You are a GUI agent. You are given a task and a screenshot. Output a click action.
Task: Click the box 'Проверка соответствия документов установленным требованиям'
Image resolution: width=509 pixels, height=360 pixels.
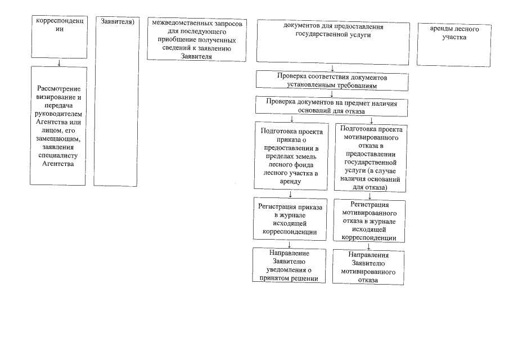(x=332, y=79)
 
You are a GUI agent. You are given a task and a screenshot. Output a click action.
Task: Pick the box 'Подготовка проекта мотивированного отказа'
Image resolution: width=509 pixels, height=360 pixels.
(x=370, y=157)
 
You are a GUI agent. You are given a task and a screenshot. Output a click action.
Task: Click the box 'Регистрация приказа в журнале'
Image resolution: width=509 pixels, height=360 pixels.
(x=290, y=219)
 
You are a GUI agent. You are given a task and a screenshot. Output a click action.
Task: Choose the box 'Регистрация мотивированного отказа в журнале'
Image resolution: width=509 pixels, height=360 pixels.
(x=369, y=221)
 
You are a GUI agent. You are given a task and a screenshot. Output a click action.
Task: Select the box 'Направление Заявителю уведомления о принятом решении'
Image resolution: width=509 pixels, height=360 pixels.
(x=290, y=265)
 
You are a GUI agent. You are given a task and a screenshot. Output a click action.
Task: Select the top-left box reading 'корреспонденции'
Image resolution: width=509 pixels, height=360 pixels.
(x=59, y=37)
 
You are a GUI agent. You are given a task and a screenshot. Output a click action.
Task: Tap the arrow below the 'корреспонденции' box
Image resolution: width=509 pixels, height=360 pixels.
(x=59, y=62)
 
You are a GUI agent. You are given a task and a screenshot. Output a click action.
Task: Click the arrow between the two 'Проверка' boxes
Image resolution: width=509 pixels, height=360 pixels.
(x=332, y=93)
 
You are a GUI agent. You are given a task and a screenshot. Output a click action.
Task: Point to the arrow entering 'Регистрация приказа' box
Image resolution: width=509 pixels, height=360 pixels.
(x=290, y=195)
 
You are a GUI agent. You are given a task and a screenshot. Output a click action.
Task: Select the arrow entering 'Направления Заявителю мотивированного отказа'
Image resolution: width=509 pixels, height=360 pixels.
(x=369, y=246)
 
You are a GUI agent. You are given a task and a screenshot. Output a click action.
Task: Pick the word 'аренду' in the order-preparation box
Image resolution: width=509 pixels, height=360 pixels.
(x=290, y=182)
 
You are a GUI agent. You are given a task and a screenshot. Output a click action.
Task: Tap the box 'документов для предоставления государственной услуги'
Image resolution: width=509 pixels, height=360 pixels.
(x=331, y=41)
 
